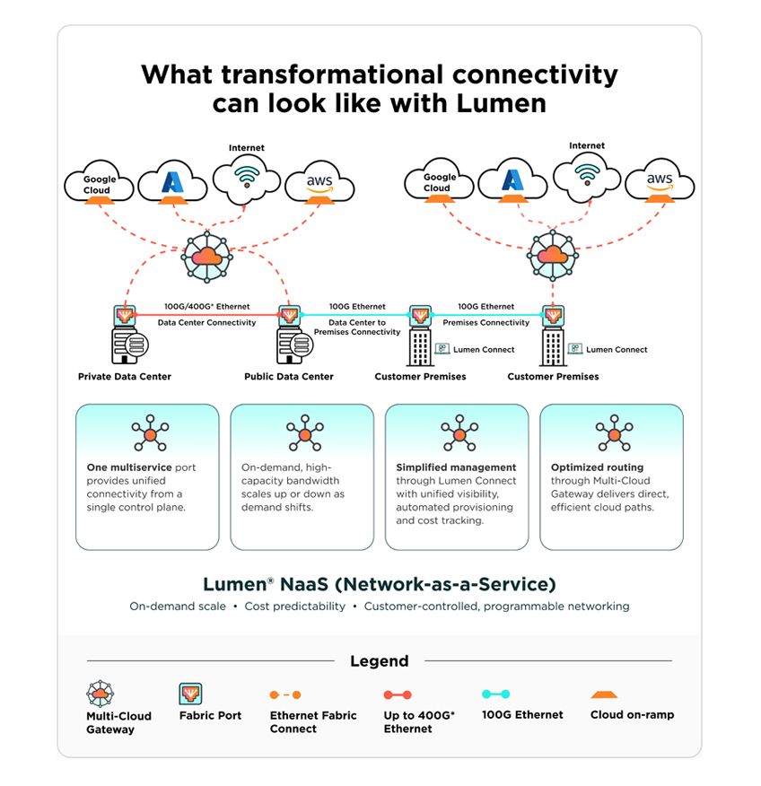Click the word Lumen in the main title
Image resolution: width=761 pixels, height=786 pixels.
[501, 103]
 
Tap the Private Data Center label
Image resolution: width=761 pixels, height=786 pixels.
[125, 377]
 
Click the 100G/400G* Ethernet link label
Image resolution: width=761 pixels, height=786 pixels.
[206, 306]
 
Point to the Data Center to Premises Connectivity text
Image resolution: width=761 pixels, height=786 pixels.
[357, 327]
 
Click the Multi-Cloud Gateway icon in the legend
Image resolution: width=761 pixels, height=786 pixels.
[101, 694]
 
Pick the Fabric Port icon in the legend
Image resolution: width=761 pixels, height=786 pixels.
[190, 694]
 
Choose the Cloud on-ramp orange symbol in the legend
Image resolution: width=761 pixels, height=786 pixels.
[604, 694]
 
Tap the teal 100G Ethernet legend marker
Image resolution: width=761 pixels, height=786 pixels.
[495, 694]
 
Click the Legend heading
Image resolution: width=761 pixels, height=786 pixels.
[380, 660]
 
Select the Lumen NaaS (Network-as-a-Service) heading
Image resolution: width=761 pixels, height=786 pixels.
[380, 584]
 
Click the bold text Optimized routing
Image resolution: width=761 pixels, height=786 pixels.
[597, 467]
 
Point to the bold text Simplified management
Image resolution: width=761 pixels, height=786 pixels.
[456, 467]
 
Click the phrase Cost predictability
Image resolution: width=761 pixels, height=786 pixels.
[294, 606]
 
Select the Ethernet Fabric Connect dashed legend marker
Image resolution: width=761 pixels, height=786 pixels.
[285, 694]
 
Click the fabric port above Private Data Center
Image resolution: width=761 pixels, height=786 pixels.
[125, 316]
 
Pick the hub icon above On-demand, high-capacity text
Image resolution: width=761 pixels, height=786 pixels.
[305, 432]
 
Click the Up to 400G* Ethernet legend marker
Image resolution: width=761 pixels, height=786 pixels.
[398, 694]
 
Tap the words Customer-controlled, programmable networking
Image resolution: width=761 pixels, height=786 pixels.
[497, 606]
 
